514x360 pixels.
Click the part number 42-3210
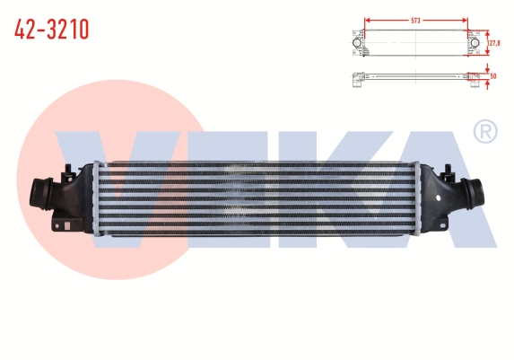[x=51, y=30]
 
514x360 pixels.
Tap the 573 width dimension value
[x=415, y=21]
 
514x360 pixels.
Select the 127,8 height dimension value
[x=494, y=43]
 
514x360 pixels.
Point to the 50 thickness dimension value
[x=493, y=76]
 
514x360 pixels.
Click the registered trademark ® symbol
[x=486, y=132]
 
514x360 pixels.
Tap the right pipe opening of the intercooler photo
[x=476, y=194]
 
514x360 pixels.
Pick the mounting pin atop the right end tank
[x=448, y=171]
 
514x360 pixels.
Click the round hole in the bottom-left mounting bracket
[x=57, y=226]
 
